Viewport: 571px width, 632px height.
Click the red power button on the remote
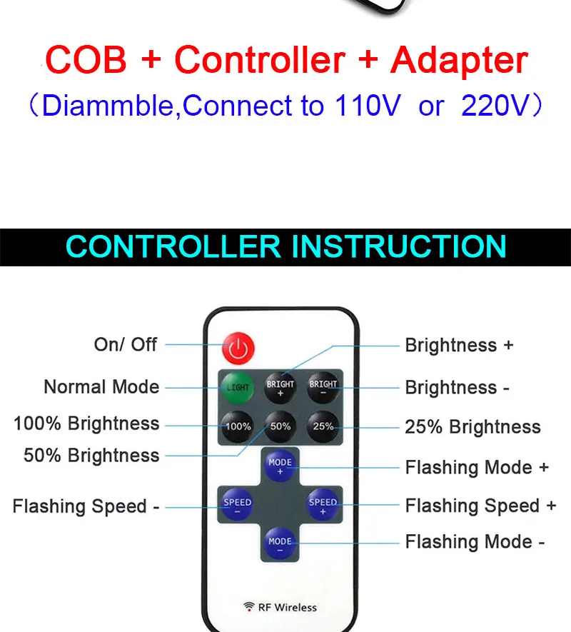pos(238,348)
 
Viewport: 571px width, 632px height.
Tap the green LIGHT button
pos(238,387)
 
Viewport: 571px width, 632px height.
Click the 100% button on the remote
pos(238,426)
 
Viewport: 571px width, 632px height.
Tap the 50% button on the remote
pos(281,426)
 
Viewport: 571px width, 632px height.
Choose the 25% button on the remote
pos(323,426)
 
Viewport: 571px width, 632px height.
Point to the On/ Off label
pos(126,344)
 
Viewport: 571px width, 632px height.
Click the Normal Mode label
pos(101,387)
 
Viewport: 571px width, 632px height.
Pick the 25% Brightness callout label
pos(473,427)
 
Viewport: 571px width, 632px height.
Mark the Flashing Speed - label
pos(86,506)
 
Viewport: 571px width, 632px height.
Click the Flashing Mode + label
pos(477,468)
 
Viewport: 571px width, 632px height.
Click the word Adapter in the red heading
pos(459,61)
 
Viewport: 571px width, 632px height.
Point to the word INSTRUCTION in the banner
pos(399,246)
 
